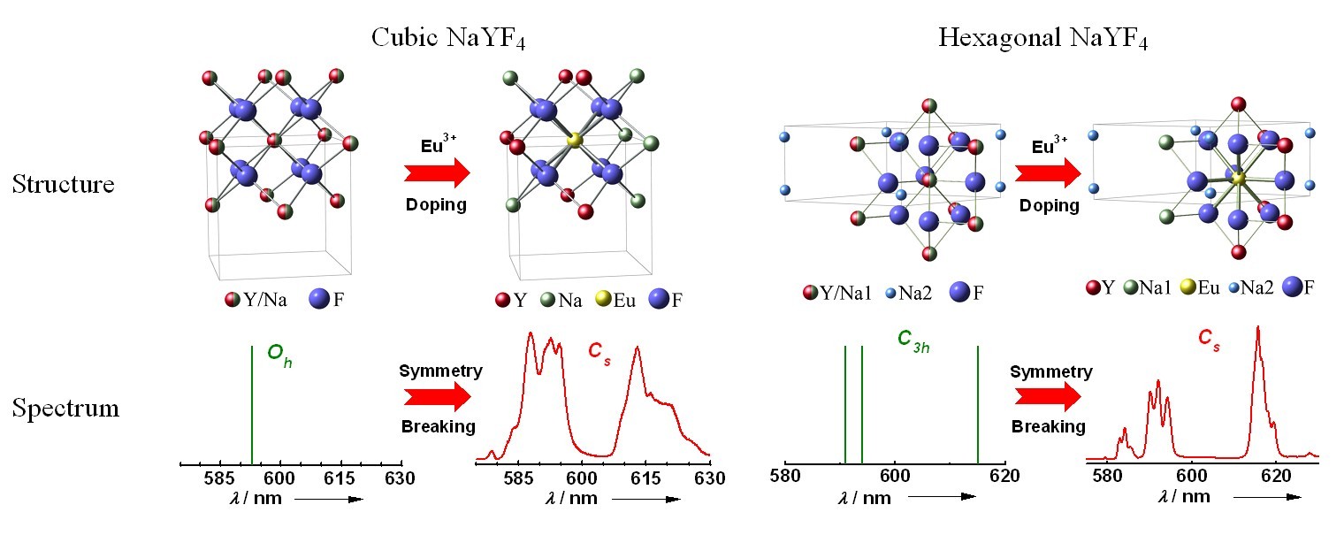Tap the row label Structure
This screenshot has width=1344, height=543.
[63, 185]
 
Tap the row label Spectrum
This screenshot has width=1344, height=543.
[65, 409]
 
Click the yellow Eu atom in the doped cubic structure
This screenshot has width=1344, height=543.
[574, 140]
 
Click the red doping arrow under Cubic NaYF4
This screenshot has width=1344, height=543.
[435, 174]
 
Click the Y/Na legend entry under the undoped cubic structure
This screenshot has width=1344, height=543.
[256, 301]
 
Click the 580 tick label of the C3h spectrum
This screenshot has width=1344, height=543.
[785, 477]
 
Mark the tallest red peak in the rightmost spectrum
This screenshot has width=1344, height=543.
[1256, 329]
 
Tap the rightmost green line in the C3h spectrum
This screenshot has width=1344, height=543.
[977, 403]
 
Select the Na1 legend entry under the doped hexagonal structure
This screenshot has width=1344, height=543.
[1150, 287]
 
